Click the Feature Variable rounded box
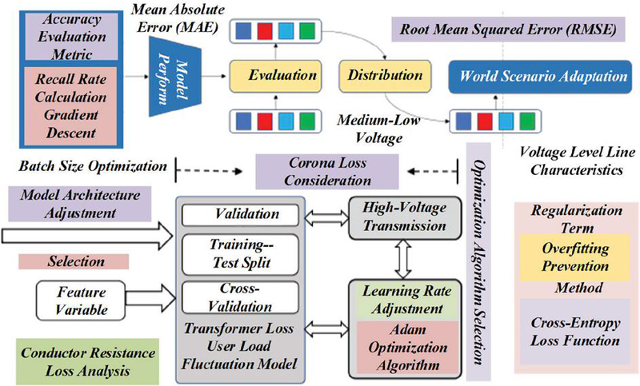pyautogui.click(x=78, y=300)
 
